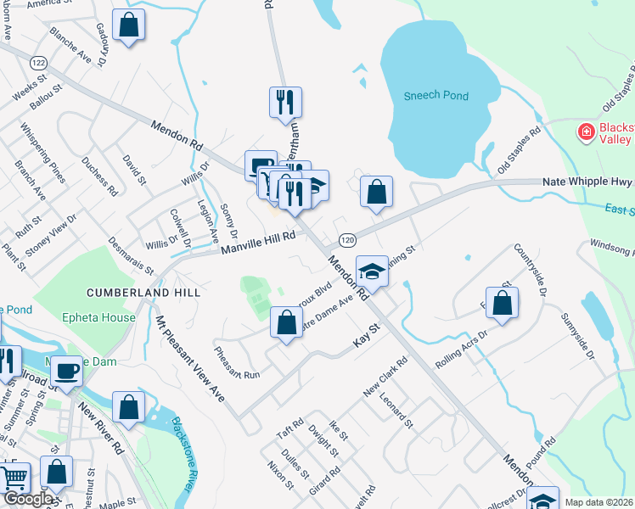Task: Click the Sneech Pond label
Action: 436,96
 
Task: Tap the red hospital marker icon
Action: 585,131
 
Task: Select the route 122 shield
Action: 37,64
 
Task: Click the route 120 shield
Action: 346,241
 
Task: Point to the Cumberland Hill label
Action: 143,293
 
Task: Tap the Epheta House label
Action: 98,318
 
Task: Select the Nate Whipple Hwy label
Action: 587,182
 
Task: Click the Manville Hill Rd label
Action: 258,242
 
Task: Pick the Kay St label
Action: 364,339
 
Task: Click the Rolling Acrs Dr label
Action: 462,348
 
